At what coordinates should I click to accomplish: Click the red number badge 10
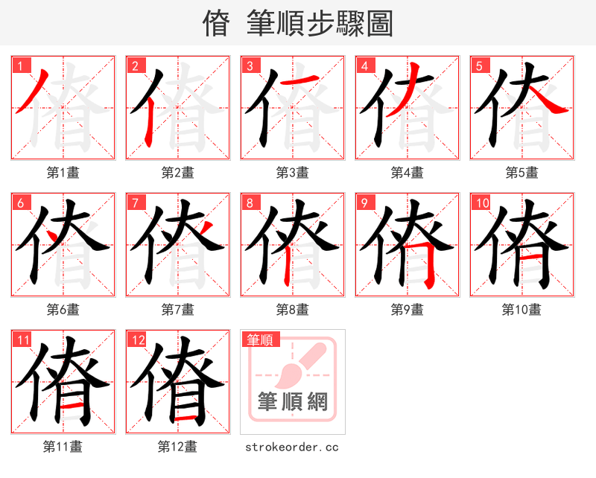[x=481, y=203]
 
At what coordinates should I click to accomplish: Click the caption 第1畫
[x=63, y=173]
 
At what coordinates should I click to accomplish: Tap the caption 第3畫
[x=292, y=173]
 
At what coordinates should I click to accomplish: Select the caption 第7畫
[x=177, y=309]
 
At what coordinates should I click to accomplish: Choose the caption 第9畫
[x=407, y=309]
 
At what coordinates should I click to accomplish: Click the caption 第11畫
[x=63, y=447]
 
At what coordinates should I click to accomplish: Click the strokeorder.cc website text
[x=292, y=447]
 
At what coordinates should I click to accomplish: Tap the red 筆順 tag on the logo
[x=260, y=340]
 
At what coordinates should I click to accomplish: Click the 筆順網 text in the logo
[x=292, y=402]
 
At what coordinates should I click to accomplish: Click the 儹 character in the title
[x=215, y=24]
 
